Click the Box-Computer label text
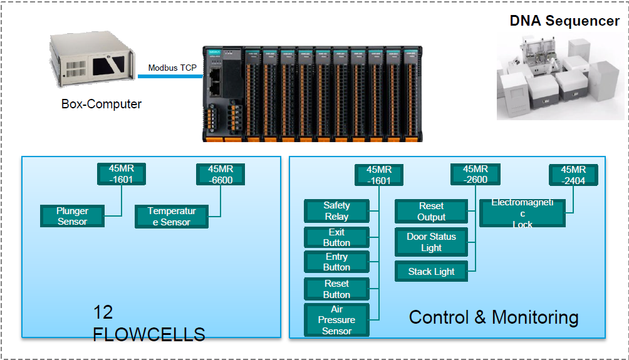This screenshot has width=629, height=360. [x=101, y=104]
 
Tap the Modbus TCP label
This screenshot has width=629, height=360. [x=172, y=68]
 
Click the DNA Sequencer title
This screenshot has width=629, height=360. [x=564, y=21]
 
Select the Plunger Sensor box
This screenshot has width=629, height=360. [x=72, y=216]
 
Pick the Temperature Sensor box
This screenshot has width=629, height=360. [x=171, y=216]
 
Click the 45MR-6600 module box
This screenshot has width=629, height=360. [x=221, y=174]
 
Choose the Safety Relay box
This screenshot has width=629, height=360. [x=336, y=211]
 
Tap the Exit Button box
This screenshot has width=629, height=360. [x=336, y=237]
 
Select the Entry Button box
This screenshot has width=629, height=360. [x=336, y=262]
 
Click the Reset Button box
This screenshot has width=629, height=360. [x=336, y=289]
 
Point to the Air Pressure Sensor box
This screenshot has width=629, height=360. [x=336, y=320]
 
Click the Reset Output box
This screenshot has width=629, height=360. [x=431, y=212]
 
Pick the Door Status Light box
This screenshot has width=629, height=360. [x=431, y=242]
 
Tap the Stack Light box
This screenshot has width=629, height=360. [x=431, y=272]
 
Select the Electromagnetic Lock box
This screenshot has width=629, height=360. [x=522, y=213]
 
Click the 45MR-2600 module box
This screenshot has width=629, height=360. [x=475, y=174]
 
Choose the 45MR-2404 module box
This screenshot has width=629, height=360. [x=573, y=175]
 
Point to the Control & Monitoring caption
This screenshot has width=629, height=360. [x=493, y=317]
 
